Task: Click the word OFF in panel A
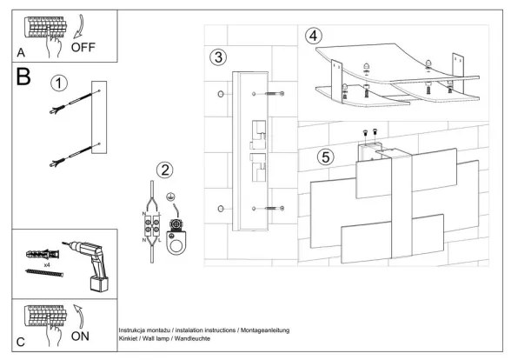coord(83,47)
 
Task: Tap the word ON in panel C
coord(80,337)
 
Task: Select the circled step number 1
coord(59,83)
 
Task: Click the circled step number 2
coord(164,170)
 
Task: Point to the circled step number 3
coord(218,57)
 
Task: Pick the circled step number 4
coord(313,36)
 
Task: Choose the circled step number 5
coord(326,157)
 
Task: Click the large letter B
coord(23,77)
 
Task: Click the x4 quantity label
coord(47,265)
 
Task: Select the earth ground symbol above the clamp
coord(169,197)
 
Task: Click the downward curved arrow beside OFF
coord(78,26)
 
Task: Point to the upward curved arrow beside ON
coord(78,317)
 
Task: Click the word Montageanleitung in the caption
coord(265,330)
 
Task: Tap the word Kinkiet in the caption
coord(128,338)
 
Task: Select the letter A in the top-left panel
coord(21,52)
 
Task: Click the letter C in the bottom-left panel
coord(21,342)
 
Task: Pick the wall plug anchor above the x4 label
coord(43,254)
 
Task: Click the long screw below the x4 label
coord(44,273)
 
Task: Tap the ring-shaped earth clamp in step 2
coord(176,237)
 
